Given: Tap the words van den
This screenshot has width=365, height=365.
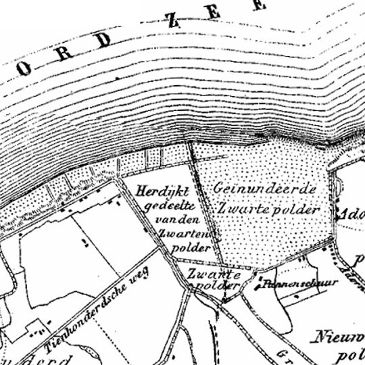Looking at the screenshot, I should (x=174, y=220).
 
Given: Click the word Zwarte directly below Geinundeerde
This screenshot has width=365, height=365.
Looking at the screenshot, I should (x=236, y=209).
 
